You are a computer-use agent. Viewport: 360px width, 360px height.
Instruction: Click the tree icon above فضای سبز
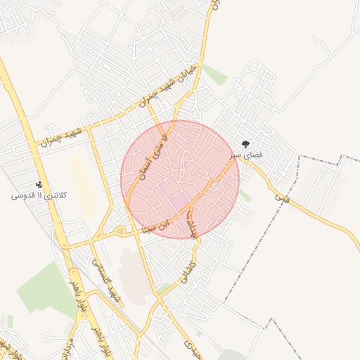coord(245,143)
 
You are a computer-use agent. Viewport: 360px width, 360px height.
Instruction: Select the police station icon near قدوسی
coord(39,184)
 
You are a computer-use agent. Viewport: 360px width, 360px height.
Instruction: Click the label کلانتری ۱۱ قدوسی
coord(39,195)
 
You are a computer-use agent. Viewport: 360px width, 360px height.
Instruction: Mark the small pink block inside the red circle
coord(179,202)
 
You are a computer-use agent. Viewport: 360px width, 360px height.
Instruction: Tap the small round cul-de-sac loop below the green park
coord(46,337)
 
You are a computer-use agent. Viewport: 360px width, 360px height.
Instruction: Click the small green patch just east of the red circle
coord(245,195)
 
